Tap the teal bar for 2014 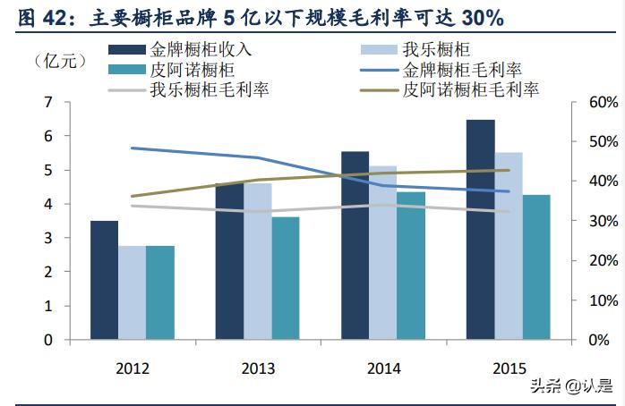tap(411, 266)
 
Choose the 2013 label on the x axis tap(258, 367)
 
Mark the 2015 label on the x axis tap(509, 367)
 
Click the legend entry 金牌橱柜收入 tap(178, 49)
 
